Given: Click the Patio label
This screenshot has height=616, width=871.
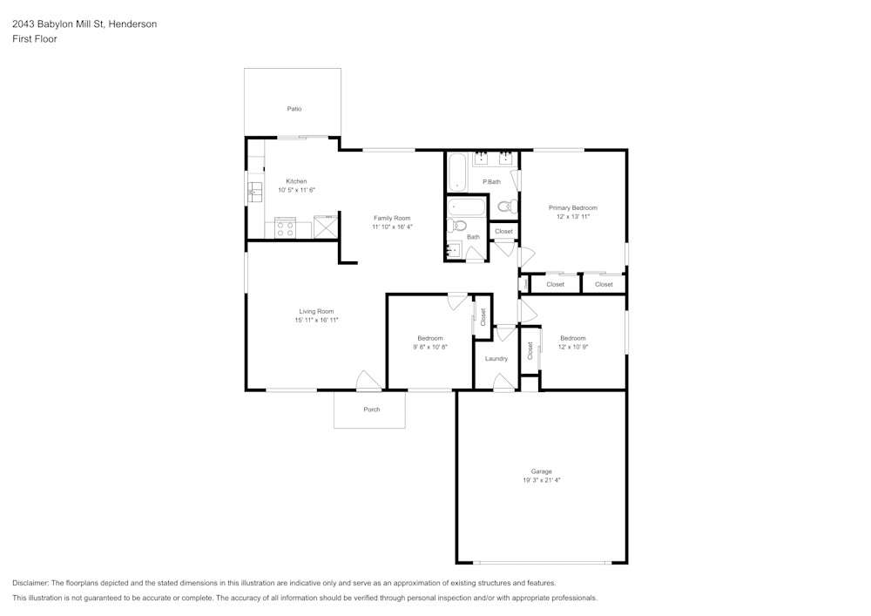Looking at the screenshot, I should pyautogui.click(x=294, y=109).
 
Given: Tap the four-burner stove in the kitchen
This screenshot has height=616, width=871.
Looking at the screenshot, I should pyautogui.click(x=285, y=228).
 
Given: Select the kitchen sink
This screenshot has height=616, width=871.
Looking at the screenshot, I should pyautogui.click(x=255, y=191).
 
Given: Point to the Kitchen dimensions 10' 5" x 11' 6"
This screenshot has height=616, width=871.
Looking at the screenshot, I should pyautogui.click(x=296, y=190).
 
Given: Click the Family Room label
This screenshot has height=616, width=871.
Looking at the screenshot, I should pyautogui.click(x=392, y=218).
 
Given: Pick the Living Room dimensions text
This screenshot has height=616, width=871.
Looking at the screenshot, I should pyautogui.click(x=316, y=321).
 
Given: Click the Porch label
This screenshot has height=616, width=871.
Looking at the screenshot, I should pyautogui.click(x=371, y=410).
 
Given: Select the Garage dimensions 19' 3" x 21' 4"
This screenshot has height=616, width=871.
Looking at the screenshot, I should pyautogui.click(x=541, y=480).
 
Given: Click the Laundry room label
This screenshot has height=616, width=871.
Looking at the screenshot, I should pyautogui.click(x=496, y=358).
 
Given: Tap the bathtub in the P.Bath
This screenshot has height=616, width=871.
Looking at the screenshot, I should pyautogui.click(x=457, y=173).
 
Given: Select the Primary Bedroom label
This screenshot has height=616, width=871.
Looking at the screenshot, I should pyautogui.click(x=572, y=207).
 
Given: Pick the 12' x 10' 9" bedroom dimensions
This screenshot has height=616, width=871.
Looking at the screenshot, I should pyautogui.click(x=572, y=347).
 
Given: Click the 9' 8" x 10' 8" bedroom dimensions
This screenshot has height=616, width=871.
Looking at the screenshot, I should pyautogui.click(x=429, y=347).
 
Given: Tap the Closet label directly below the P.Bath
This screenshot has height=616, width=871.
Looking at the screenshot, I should pyautogui.click(x=503, y=231).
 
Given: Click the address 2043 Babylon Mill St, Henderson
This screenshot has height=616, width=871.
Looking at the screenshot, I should pyautogui.click(x=84, y=24).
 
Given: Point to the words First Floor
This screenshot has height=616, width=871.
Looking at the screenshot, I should pyautogui.click(x=35, y=39).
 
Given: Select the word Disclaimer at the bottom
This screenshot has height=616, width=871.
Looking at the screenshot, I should pyautogui.click(x=30, y=583).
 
